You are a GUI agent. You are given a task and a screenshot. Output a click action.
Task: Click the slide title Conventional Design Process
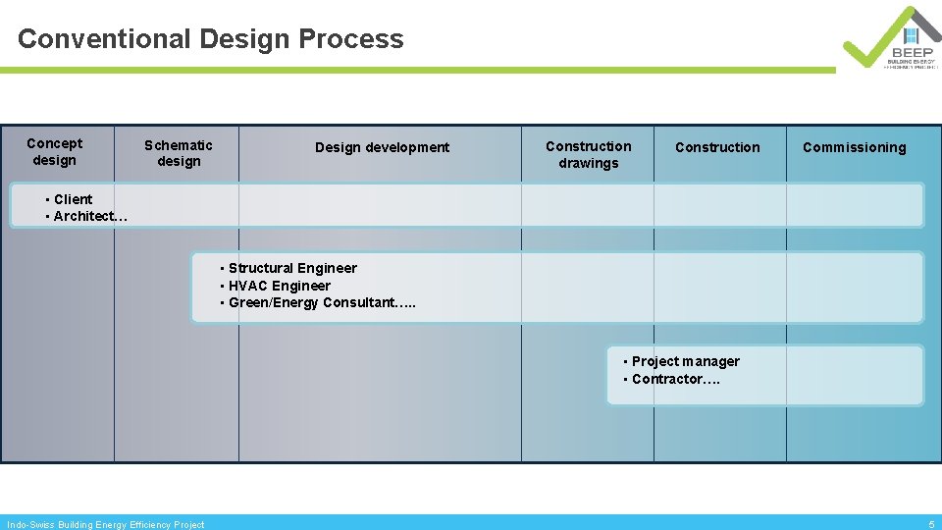[210, 39]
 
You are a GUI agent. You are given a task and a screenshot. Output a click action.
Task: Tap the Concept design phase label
[54, 151]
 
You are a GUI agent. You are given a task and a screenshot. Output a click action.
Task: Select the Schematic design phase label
[179, 153]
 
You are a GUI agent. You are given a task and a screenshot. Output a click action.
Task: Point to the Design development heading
[382, 147]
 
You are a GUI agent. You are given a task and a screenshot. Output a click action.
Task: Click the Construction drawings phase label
[589, 154]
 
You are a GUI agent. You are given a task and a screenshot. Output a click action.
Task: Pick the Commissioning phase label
[854, 147]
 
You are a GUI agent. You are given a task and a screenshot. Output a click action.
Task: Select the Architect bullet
[89, 216]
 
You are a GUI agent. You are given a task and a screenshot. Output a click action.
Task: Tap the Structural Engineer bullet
[292, 268]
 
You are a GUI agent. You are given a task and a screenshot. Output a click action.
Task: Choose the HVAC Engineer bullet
[279, 286]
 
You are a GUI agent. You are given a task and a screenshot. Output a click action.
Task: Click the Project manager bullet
[685, 361]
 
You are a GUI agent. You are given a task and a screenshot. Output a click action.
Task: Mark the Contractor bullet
[675, 379]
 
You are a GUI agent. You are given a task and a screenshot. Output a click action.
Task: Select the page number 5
[931, 524]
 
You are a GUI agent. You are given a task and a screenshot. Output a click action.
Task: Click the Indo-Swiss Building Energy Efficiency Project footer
[106, 524]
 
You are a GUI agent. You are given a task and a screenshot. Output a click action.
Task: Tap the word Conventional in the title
[104, 39]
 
